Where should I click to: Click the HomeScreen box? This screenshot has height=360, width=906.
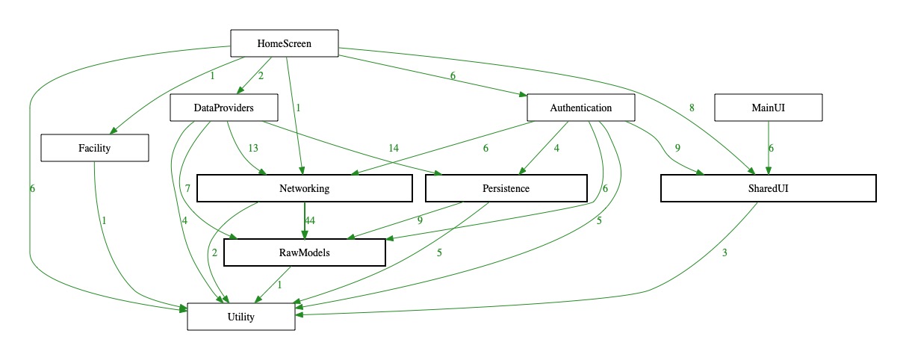click(x=284, y=43)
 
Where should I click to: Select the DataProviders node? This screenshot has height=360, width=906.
click(x=224, y=108)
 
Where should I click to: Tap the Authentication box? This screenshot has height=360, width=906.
click(x=581, y=108)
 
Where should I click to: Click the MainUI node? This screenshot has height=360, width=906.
click(x=769, y=108)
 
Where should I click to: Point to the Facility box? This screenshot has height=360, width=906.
click(x=95, y=148)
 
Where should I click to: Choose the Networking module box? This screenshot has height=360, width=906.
click(x=304, y=188)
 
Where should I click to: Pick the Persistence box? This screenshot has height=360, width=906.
click(x=506, y=188)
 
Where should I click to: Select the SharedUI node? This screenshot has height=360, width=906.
click(x=768, y=188)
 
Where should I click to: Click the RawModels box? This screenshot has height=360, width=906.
click(x=304, y=252)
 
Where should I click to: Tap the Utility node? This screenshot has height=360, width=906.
click(x=241, y=317)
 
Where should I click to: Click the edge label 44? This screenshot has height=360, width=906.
click(x=310, y=221)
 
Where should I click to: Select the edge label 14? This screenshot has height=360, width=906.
click(x=393, y=148)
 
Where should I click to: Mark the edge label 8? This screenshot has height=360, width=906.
click(x=692, y=108)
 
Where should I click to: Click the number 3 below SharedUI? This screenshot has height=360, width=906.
click(x=725, y=252)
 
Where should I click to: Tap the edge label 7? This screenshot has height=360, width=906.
click(x=187, y=188)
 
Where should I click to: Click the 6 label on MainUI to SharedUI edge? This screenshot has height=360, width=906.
click(x=772, y=148)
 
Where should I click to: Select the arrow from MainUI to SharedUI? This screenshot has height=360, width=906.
click(x=769, y=153)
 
